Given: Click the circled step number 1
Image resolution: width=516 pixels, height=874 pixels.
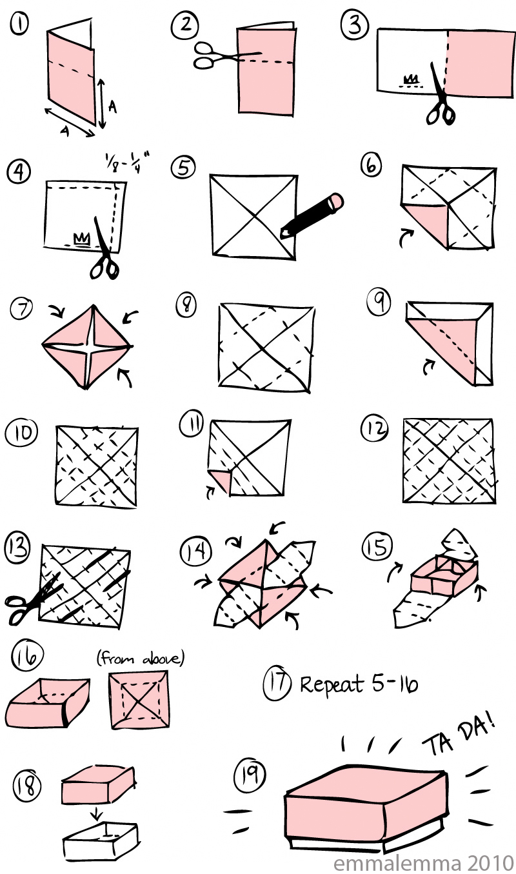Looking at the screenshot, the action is click(19, 24).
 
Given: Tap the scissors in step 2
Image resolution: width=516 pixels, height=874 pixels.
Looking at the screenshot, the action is click(226, 56).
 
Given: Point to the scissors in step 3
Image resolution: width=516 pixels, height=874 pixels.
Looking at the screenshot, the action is click(441, 95).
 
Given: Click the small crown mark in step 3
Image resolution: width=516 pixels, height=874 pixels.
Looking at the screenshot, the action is click(410, 79).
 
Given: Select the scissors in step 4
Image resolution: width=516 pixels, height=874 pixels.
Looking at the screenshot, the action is click(104, 250).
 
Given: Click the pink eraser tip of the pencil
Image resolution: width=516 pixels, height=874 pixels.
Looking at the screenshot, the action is click(336, 202).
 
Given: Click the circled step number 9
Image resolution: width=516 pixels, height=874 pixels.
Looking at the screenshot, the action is click(379, 301).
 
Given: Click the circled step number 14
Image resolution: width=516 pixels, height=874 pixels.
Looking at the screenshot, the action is click(195, 551).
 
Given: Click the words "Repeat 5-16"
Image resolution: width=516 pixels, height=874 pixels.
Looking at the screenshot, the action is click(359, 684).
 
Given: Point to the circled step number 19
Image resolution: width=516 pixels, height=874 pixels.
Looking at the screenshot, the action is click(250, 776).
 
